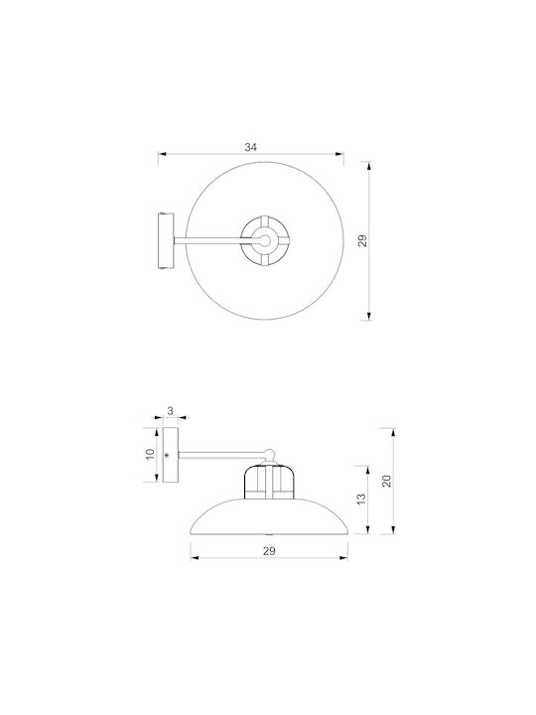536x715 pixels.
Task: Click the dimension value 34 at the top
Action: (251, 147)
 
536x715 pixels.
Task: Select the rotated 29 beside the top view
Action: (363, 240)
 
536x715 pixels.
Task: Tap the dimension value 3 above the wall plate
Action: (171, 411)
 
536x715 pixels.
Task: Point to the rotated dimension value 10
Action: (151, 454)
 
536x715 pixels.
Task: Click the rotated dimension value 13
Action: (361, 500)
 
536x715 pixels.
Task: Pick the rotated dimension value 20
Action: (386, 481)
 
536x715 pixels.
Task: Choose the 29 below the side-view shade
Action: (269, 551)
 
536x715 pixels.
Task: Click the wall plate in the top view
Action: (166, 240)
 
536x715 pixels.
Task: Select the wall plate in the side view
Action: (171, 455)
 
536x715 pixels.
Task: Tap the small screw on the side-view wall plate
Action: (167, 455)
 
